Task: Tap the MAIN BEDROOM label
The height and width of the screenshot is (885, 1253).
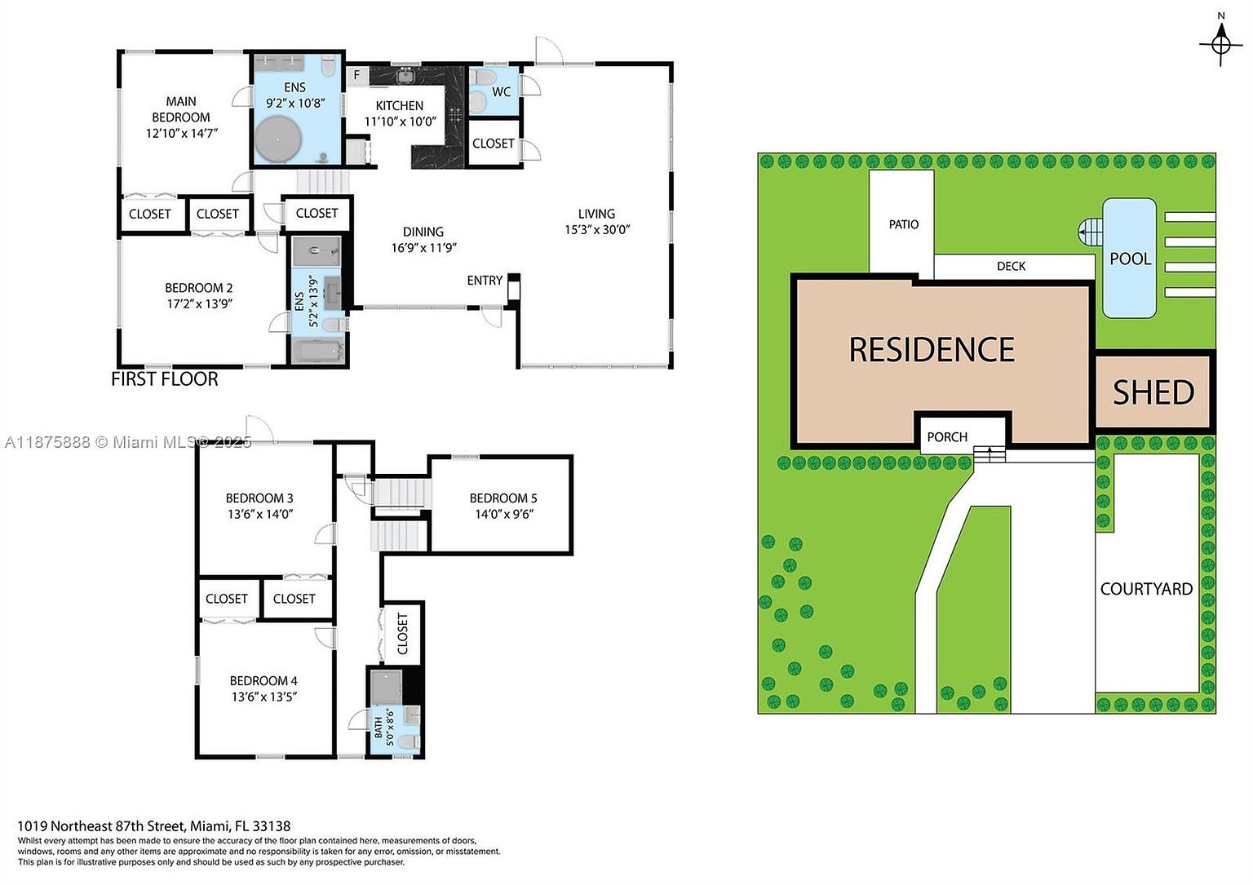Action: [x=181, y=109]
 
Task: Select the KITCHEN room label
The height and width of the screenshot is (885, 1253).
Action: [x=399, y=106]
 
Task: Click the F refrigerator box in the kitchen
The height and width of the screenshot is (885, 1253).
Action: [x=356, y=76]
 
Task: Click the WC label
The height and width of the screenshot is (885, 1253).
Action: [x=501, y=91]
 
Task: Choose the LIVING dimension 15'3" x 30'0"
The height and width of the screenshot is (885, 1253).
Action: [x=597, y=230]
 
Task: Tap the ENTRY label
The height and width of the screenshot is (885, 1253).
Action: [x=485, y=281]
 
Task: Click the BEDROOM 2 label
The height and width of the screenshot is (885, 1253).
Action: [x=198, y=288]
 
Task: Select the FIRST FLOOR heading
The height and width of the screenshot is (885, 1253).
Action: [x=165, y=379]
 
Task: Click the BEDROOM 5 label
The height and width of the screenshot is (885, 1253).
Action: [x=503, y=498]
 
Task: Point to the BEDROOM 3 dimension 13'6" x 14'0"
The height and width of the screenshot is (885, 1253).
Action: [x=259, y=515]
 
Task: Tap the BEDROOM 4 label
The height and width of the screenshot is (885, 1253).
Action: [x=263, y=680]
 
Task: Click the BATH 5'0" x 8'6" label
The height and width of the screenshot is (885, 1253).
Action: [x=383, y=723]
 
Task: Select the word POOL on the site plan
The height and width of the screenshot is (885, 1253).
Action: [x=1130, y=259]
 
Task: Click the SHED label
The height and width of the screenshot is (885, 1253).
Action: [x=1153, y=393]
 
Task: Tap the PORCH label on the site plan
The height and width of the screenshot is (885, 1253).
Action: [x=947, y=437]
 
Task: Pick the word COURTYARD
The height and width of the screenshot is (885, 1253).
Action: [x=1146, y=589]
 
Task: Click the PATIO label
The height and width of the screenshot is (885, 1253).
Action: [x=903, y=224]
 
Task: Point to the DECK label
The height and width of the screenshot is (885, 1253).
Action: [x=1011, y=267]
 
